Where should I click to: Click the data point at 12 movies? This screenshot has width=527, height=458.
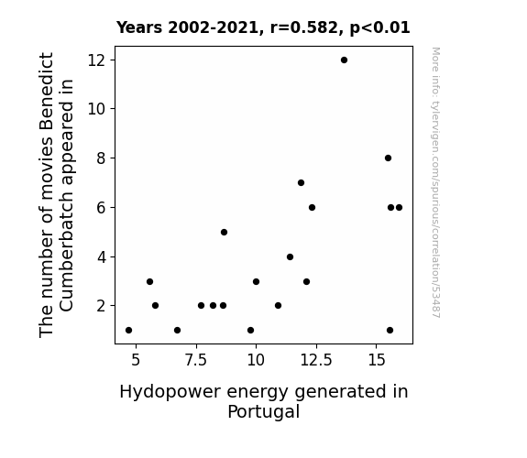pyautogui.click(x=344, y=60)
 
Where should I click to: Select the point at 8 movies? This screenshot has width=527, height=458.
pyautogui.click(x=388, y=158)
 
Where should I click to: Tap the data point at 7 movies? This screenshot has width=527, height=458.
pyautogui.click(x=301, y=183)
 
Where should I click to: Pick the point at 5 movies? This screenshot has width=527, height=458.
pyautogui.click(x=224, y=232)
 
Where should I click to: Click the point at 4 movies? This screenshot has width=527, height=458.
pyautogui.click(x=290, y=257)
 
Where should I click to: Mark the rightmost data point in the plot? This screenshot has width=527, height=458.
pyautogui.click(x=399, y=208)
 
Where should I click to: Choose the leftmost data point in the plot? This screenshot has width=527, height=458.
pyautogui.click(x=128, y=331)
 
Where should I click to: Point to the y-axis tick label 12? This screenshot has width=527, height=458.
pyautogui.click(x=96, y=60)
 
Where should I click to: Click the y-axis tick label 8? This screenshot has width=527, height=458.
pyautogui.click(x=101, y=158)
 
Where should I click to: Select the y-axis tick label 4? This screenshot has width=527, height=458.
pyautogui.click(x=101, y=257)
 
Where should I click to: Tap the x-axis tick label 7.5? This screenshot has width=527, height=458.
pyautogui.click(x=196, y=360)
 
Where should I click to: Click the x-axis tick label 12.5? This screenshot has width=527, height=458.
pyautogui.click(x=316, y=360)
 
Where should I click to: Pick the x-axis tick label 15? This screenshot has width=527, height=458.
pyautogui.click(x=377, y=360)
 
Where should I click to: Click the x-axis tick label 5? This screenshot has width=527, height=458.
pyautogui.click(x=136, y=360)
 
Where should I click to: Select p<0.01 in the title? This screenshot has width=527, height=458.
pyautogui.click(x=379, y=28)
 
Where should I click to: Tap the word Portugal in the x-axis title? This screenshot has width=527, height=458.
pyautogui.click(x=264, y=411)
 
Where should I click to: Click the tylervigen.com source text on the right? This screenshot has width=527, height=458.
pyautogui.click(x=435, y=182)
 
